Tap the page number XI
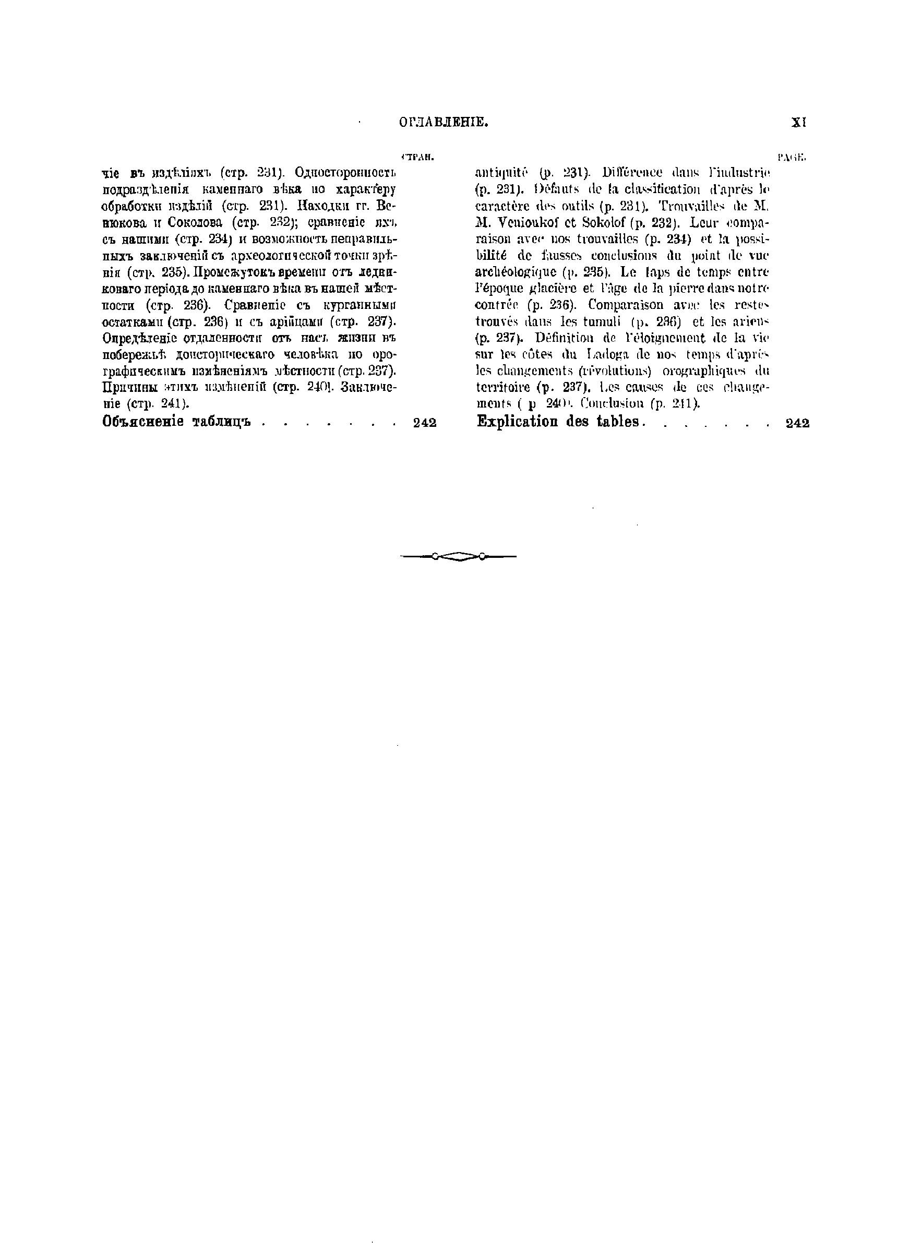click(798, 123)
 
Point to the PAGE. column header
click(792, 158)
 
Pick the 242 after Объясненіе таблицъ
click(424, 423)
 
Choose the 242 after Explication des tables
click(798, 423)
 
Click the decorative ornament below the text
click(458, 557)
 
